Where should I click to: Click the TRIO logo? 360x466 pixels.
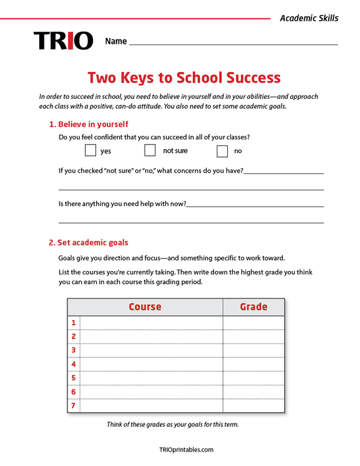click(x=63, y=41)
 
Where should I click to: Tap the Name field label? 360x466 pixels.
click(x=116, y=41)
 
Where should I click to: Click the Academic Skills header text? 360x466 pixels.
click(x=309, y=18)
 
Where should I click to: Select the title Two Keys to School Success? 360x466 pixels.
click(x=180, y=79)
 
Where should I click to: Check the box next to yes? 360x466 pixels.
click(x=90, y=151)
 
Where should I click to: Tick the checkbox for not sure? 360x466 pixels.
click(x=150, y=151)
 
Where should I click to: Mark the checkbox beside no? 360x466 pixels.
click(x=222, y=151)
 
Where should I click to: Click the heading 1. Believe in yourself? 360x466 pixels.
click(x=88, y=124)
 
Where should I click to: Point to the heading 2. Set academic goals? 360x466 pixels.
click(x=88, y=242)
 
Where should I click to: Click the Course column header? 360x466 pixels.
click(x=145, y=306)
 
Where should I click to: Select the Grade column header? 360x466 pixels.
click(x=253, y=306)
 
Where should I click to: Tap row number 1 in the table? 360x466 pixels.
click(x=74, y=323)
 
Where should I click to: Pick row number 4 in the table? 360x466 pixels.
click(x=74, y=364)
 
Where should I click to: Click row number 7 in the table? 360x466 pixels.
click(x=74, y=406)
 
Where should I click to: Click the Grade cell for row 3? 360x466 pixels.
click(x=253, y=350)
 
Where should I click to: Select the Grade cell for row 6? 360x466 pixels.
click(x=253, y=392)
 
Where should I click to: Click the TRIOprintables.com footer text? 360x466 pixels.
click(x=187, y=450)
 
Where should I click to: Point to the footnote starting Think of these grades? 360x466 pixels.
click(x=173, y=424)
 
